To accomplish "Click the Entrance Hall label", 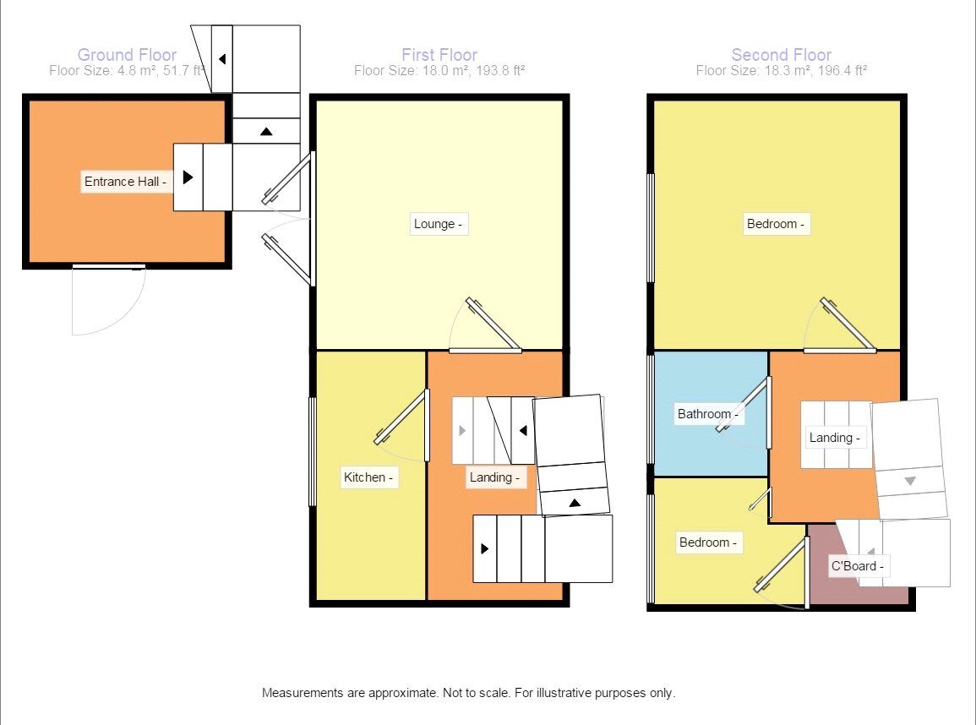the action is coord(125,182).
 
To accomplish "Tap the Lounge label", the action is coord(438,224).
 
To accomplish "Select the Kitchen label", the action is coord(368,477).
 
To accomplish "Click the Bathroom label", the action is coord(708,414).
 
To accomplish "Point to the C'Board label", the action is coord(858,565).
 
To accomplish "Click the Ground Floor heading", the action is coord(127,55).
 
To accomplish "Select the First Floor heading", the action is coord(439,55).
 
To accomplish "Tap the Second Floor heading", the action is coord(781,55).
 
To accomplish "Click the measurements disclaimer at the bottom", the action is coord(468,693).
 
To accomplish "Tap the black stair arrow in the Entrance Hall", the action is coord(188,177).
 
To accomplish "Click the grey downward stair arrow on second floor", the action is coord(910,481).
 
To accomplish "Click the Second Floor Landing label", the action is coord(834,438).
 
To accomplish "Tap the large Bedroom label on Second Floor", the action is coord(776,224).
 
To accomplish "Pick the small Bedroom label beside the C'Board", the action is coord(708,542).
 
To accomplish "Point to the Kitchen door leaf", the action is coord(401,417).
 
